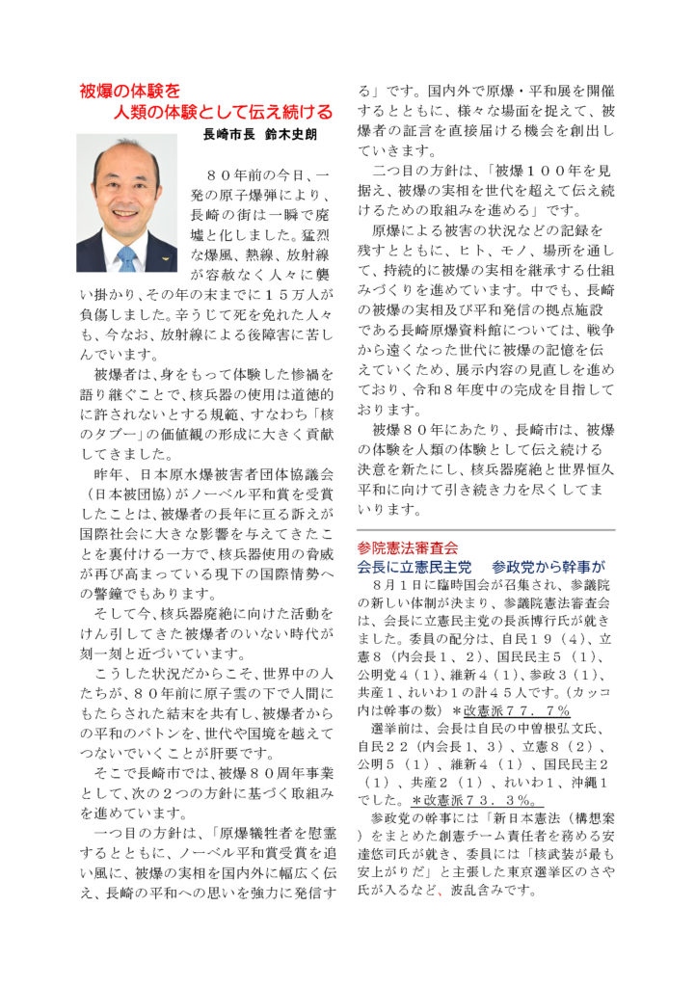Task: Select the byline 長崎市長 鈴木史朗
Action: [259, 135]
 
